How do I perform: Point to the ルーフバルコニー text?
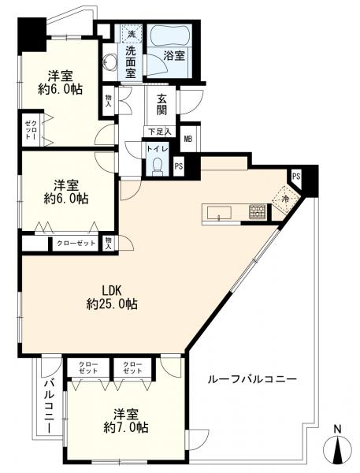pyautogui.click(x=252, y=379)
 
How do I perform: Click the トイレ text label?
pyautogui.click(x=157, y=147)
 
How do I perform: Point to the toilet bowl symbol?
pyautogui.click(x=157, y=165)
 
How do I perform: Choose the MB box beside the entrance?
pyautogui.click(x=187, y=140)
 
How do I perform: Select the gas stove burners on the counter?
pyautogui.click(x=257, y=211)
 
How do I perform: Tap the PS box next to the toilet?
pyautogui.click(x=179, y=166)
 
